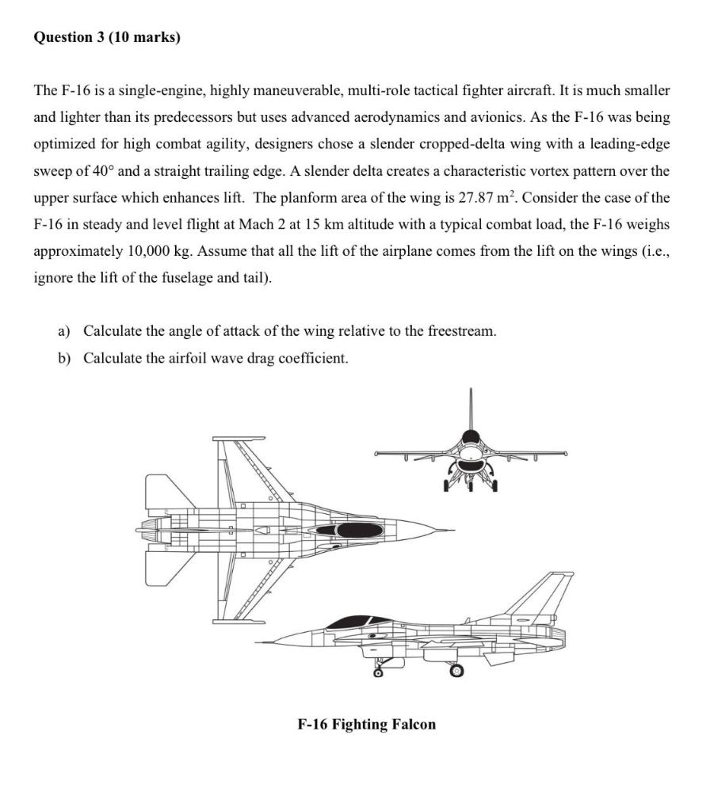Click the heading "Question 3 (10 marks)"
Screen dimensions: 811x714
coord(107,37)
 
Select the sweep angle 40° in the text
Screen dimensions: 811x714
coord(102,171)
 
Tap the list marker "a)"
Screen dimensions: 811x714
coord(63,331)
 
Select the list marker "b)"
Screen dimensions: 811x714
coord(63,358)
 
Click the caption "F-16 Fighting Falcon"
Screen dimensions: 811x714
coord(366,724)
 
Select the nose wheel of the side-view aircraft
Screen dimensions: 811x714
coord(378,675)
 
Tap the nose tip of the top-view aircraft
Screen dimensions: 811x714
coord(452,529)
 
